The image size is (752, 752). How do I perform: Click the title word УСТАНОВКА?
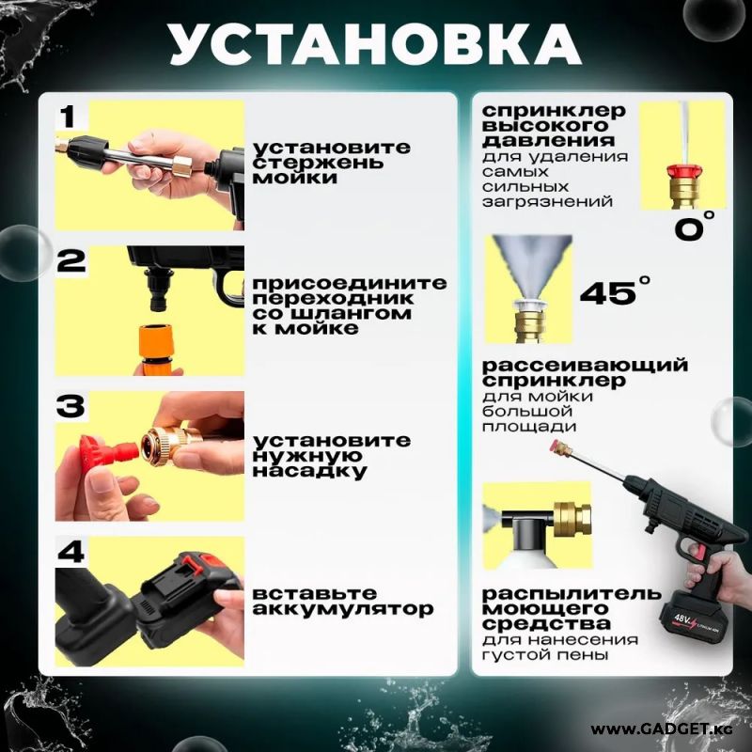tap(375, 44)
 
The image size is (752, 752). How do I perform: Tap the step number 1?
tap(69, 117)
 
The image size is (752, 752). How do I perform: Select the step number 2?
tap(71, 261)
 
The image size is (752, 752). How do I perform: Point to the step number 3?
tap(71, 406)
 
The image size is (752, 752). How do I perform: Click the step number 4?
tap(72, 552)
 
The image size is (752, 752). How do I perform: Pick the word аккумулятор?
tap(343, 609)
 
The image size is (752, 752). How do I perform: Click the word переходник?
tap(333, 299)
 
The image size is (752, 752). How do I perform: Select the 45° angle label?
tap(616, 290)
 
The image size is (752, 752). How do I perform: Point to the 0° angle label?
tap(695, 226)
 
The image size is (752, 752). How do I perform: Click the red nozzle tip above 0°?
tap(684, 171)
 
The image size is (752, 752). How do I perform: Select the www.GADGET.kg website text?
tap(662, 729)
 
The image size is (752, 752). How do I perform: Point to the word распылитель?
tap(572, 594)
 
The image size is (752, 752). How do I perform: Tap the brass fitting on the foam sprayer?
tap(572, 520)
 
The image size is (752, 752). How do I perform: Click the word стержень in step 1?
tap(318, 163)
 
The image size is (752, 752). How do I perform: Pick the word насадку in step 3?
tap(309, 471)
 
